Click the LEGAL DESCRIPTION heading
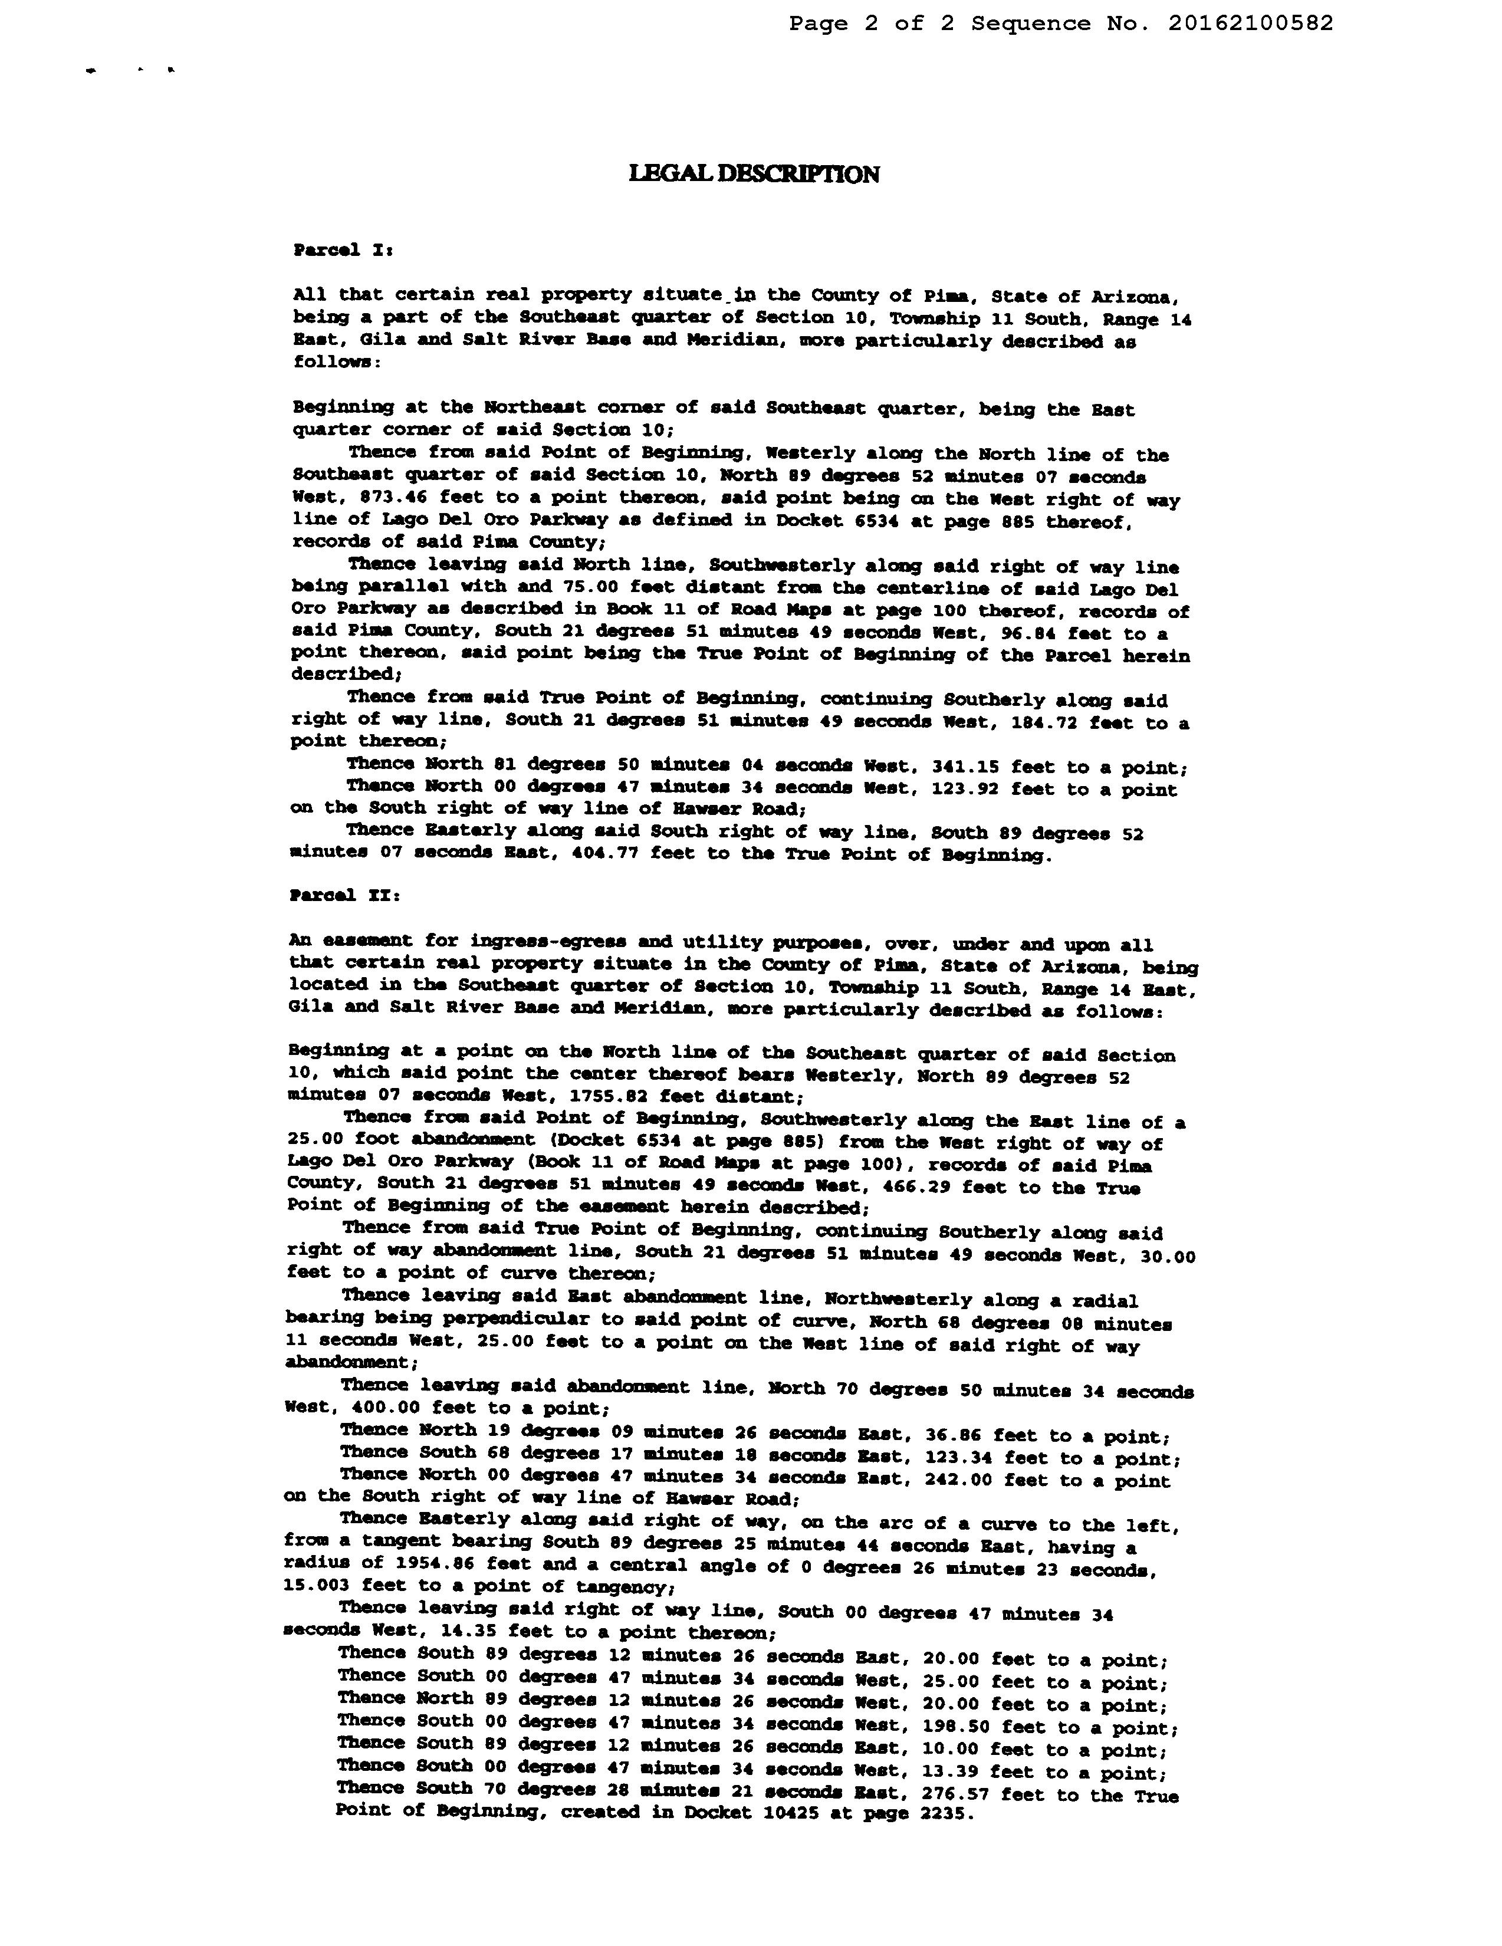[x=754, y=174]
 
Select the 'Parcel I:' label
[x=343, y=251]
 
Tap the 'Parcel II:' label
[x=345, y=896]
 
